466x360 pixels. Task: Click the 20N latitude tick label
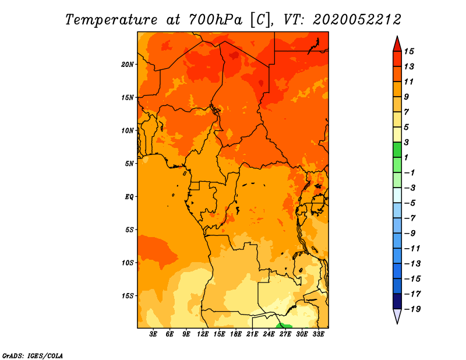pyautogui.click(x=128, y=65)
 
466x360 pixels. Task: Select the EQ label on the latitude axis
pyautogui.click(x=129, y=197)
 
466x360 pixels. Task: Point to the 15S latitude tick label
pyautogui.click(x=128, y=296)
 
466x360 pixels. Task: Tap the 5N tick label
pyautogui.click(x=129, y=164)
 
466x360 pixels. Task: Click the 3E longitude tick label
pyautogui.click(x=153, y=334)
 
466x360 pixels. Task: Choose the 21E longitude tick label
pyautogui.click(x=252, y=334)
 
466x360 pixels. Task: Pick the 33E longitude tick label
pyautogui.click(x=318, y=334)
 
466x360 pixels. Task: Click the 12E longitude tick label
pyautogui.click(x=202, y=334)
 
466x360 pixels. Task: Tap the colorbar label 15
pyautogui.click(x=409, y=51)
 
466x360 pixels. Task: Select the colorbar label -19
pyautogui.click(x=412, y=309)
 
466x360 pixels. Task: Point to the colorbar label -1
pyautogui.click(x=409, y=172)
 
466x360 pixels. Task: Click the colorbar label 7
pyautogui.click(x=407, y=112)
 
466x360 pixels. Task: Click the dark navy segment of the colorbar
pyautogui.click(x=397, y=301)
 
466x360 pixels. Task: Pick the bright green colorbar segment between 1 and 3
pyautogui.click(x=397, y=150)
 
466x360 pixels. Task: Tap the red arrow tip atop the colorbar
pyautogui.click(x=397, y=37)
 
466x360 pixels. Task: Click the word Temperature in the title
pyautogui.click(x=111, y=20)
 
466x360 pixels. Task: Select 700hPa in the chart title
pyautogui.click(x=215, y=20)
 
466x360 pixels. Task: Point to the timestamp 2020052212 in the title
pyautogui.click(x=357, y=20)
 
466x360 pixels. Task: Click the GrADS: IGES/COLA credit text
pyautogui.click(x=33, y=355)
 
